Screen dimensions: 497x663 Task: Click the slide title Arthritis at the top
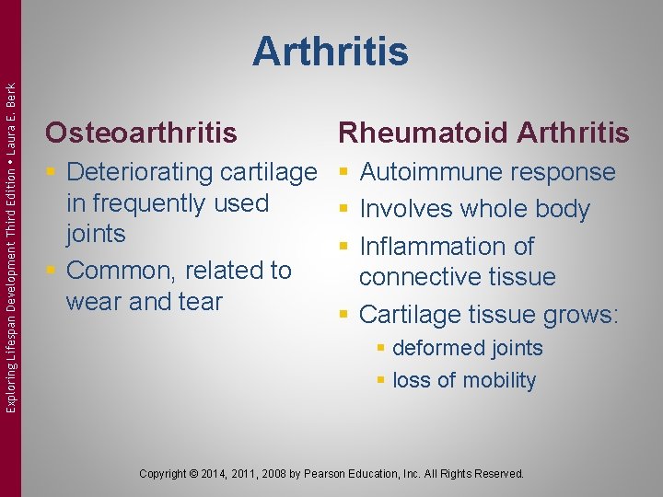331,52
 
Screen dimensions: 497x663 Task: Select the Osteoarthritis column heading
141,133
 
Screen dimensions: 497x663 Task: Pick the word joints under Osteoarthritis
95,234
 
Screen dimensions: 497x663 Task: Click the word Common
122,271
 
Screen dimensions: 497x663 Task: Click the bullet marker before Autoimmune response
343,172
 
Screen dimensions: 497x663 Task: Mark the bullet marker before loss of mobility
379,381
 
